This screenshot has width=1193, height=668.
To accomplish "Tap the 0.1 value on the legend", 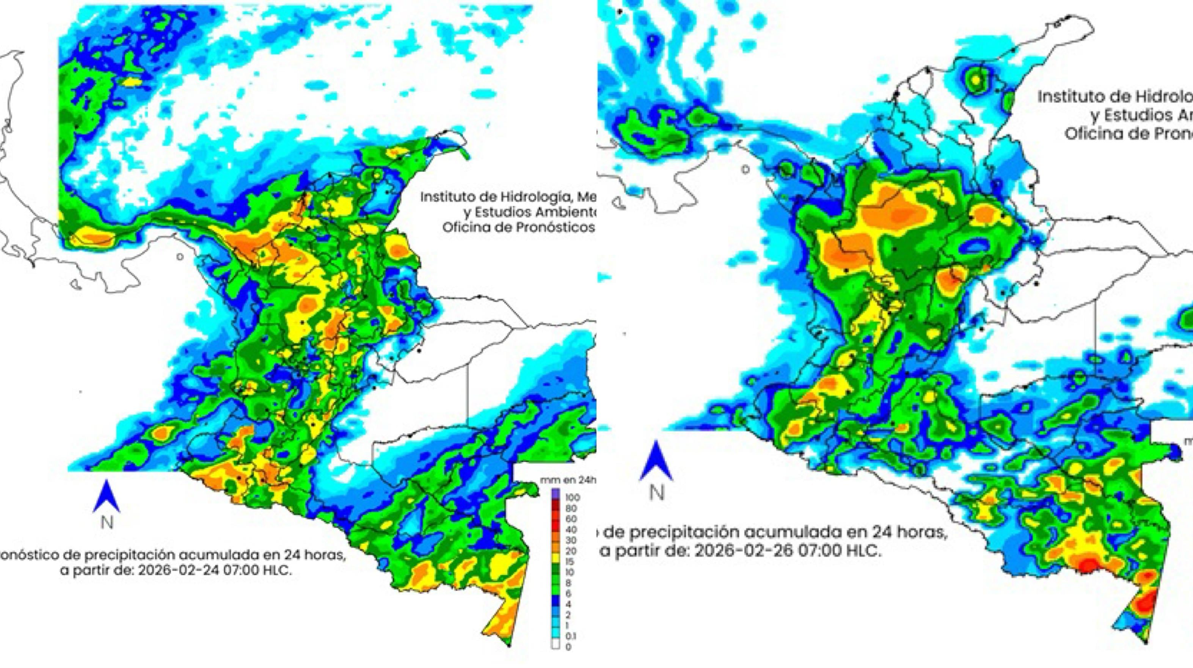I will [x=571, y=636].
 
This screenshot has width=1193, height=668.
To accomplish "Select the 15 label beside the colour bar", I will [x=570, y=562].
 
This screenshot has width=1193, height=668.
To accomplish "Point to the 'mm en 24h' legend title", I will [x=567, y=480].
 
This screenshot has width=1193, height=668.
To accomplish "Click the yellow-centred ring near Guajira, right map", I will [x=976, y=80].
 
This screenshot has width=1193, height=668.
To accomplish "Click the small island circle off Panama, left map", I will [x=180, y=256].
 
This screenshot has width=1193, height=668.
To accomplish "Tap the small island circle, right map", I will [x=745, y=169].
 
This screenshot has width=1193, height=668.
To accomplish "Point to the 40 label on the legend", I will [x=571, y=530].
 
